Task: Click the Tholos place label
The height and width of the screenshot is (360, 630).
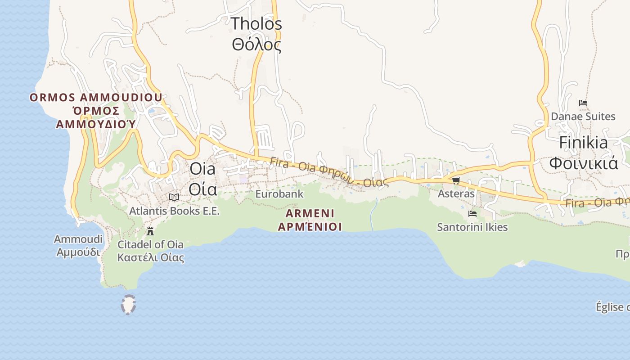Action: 256,23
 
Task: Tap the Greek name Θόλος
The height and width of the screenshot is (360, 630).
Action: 256,45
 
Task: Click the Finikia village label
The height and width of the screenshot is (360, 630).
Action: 583,143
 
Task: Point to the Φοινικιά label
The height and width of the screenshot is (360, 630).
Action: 583,163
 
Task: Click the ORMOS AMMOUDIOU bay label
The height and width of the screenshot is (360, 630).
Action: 96,98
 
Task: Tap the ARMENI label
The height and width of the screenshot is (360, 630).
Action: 310,213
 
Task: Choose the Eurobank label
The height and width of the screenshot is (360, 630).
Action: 279,194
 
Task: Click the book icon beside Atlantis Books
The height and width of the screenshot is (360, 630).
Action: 174,197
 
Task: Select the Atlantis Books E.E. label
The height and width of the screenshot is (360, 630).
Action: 174,211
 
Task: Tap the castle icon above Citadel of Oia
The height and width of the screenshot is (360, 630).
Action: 150,231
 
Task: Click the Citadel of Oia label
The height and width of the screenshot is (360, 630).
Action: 150,244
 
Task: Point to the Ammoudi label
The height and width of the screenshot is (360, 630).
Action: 78,239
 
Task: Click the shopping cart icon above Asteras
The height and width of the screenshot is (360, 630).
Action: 456,181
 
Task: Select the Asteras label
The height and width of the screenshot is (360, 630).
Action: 456,193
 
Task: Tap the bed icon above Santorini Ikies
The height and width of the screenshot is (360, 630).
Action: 472,214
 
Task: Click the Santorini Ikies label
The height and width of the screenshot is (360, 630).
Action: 472,227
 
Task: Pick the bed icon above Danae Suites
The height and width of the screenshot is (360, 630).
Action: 583,103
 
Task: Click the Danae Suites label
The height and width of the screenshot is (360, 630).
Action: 583,117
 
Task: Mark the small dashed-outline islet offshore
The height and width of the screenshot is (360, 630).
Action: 128,305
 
